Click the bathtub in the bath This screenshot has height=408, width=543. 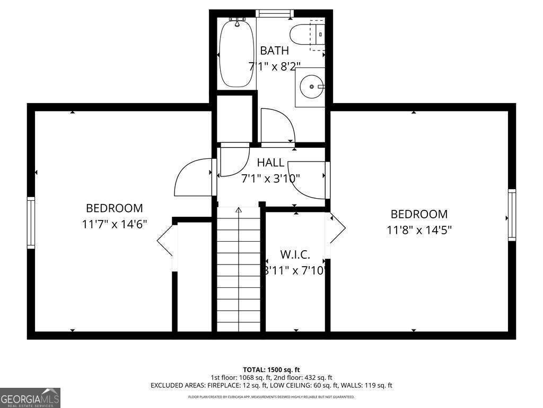[237, 53]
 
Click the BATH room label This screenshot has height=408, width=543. [274, 51]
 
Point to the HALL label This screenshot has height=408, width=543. [270, 163]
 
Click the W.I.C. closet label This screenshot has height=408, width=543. [295, 255]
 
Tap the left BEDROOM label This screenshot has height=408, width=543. [115, 209]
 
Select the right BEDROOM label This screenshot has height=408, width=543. [419, 214]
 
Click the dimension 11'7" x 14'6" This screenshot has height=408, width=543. [115, 224]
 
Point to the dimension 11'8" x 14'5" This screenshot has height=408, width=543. [419, 230]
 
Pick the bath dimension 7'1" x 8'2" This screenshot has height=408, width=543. [275, 66]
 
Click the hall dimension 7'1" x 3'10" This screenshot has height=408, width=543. [270, 178]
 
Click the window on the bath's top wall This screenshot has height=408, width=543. [275, 13]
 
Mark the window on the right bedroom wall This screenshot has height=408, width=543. [512, 215]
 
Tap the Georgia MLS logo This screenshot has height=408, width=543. [30, 398]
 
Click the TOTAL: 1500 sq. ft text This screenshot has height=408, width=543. [271, 369]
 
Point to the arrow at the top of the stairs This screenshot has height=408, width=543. [239, 210]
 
